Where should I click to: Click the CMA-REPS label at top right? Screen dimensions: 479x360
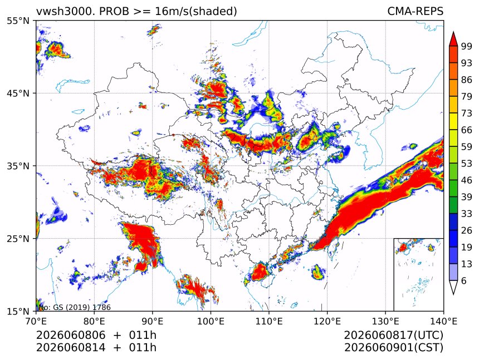pos(415,11)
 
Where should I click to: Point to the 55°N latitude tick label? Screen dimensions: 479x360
pos(18,21)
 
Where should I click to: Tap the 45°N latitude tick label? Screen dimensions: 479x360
pos(18,93)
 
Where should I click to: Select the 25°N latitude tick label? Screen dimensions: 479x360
pos(18,238)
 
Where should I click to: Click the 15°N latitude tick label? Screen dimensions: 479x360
pos(18,311)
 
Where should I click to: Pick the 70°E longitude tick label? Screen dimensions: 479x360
pos(36,321)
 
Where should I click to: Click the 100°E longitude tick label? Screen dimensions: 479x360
pos(211,321)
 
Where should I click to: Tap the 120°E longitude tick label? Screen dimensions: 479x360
pos(327,321)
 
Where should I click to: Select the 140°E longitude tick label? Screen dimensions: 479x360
pos(443,321)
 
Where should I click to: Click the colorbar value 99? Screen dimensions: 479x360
pos(467,46)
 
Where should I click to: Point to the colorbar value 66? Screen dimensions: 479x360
pos(467,130)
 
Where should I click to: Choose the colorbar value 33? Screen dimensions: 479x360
pos(467,214)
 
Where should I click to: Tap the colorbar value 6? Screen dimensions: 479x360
pos(464,280)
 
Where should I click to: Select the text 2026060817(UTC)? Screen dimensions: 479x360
pos(393,336)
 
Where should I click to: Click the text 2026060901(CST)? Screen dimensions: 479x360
pos(393,348)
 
